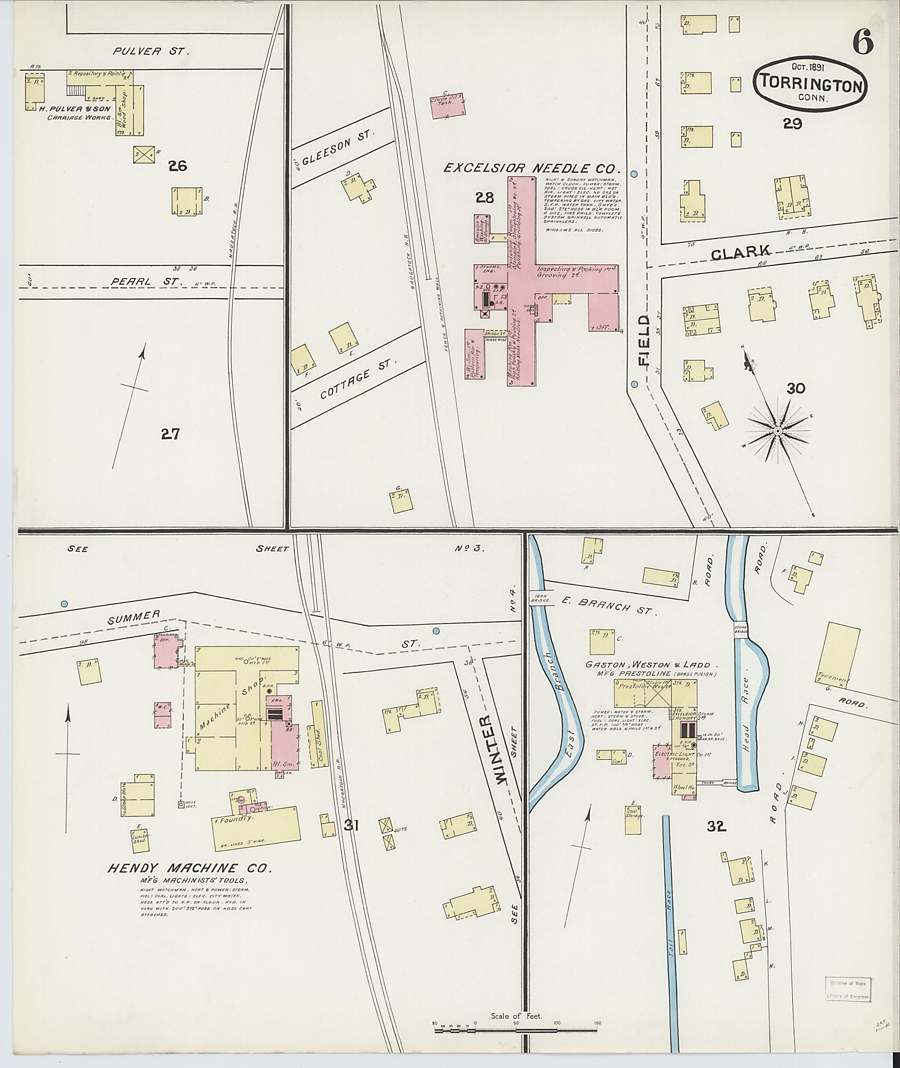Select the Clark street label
point(748,252)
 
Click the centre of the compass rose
point(777,431)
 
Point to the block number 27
point(170,434)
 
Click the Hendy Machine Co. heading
point(189,868)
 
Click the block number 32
point(716,827)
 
